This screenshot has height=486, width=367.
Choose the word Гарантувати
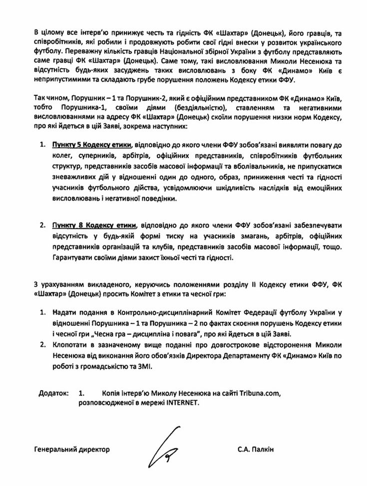(x=71, y=258)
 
